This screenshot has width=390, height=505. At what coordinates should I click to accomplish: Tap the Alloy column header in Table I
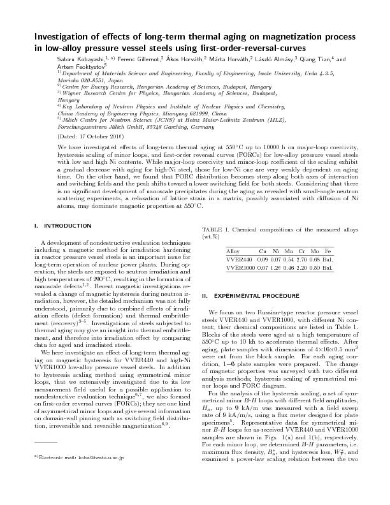(x=233, y=252)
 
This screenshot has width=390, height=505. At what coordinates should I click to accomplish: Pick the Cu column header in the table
(x=263, y=252)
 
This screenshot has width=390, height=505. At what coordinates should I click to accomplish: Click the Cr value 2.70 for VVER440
(x=301, y=260)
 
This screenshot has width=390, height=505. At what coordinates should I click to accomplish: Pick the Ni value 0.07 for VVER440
(x=276, y=260)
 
